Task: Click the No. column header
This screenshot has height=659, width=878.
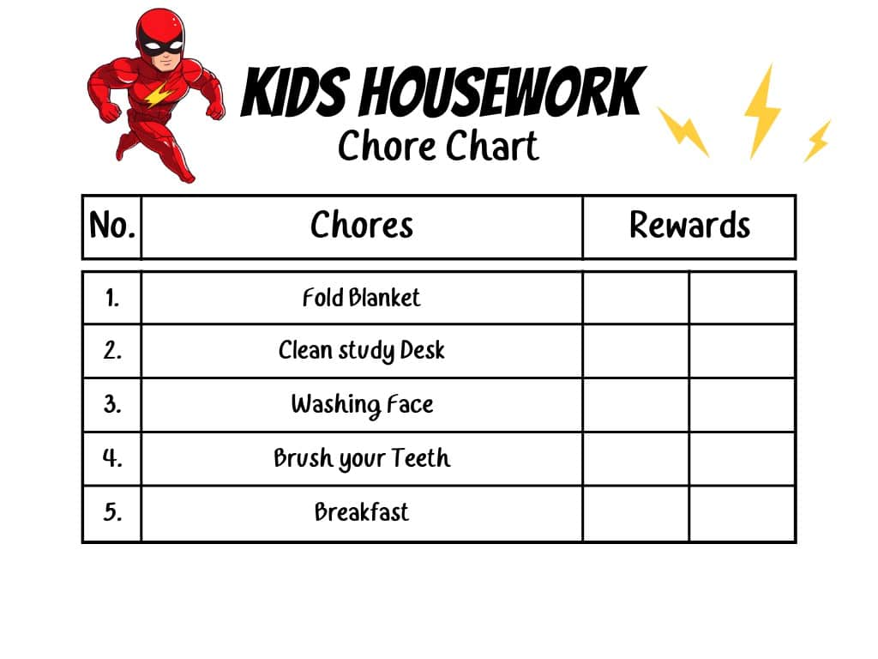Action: pos(112,226)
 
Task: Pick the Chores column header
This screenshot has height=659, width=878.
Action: pos(362,226)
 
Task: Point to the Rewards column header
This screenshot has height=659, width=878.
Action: pos(689,226)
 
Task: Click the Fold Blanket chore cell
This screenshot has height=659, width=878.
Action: pos(361,298)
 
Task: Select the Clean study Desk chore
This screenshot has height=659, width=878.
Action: pos(361,351)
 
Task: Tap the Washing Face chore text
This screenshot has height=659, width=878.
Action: pos(362,405)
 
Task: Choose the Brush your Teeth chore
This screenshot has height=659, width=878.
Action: pos(362,458)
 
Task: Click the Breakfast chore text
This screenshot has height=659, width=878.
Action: pos(362,512)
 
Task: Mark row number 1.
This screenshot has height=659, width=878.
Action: pos(112,298)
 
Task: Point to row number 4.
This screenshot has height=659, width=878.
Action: pos(112,458)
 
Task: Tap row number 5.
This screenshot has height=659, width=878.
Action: pos(112,512)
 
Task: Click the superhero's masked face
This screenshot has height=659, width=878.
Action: pos(162,47)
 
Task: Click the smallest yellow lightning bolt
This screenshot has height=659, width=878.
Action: pos(817,141)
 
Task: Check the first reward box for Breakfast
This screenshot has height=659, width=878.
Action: pos(635,513)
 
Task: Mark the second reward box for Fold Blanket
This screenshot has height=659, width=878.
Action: pos(742,298)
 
